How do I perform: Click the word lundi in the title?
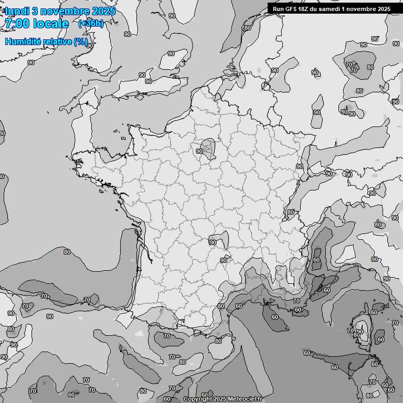pos(16,11)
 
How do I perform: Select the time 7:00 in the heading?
pos(16,24)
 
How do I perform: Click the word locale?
pos(51,24)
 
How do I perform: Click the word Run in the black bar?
pos(278,9)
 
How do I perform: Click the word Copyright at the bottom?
pos(198,399)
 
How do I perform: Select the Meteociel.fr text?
pos(245,399)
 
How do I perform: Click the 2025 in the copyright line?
pos(220,399)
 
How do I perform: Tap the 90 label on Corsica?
pos(360,332)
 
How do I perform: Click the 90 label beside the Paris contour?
pos(199,151)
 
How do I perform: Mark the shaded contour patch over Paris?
pos(209,147)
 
